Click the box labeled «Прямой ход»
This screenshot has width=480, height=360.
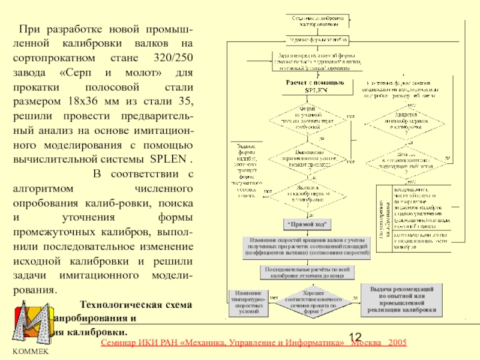[307, 224]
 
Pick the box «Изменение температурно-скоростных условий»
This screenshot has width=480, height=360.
[248, 302]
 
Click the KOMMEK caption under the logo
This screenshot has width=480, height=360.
[30, 351]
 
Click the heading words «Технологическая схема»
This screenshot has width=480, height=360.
[136, 305]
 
